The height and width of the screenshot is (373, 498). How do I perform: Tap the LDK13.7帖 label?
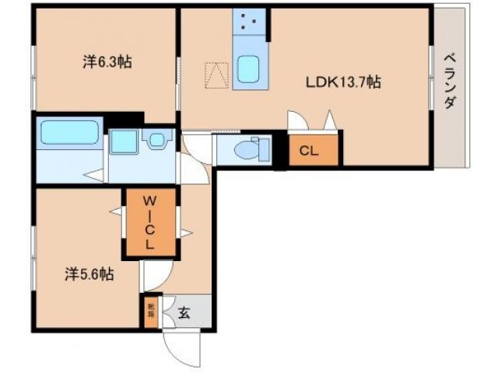(342, 81)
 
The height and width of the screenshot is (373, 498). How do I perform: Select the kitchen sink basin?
(250, 71)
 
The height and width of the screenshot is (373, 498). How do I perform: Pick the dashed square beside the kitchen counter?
(216, 75)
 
